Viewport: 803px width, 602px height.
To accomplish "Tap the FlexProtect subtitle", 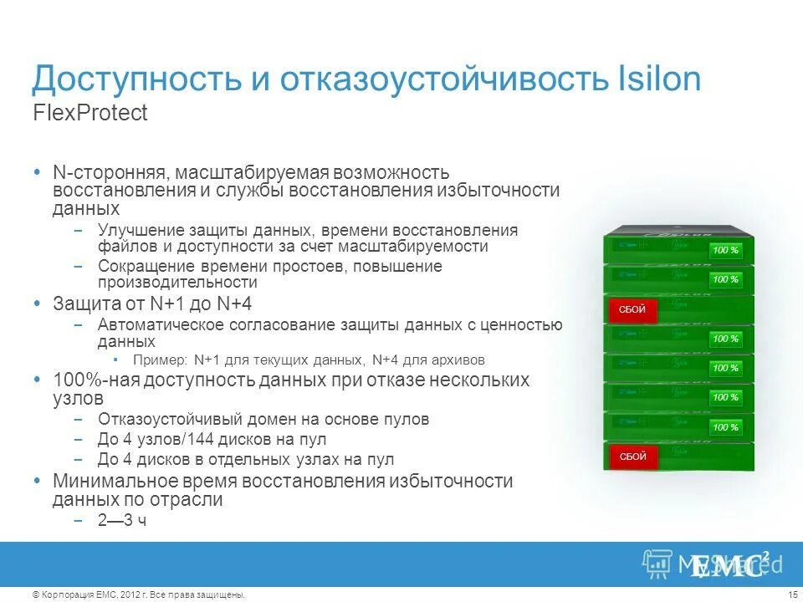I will [90, 114].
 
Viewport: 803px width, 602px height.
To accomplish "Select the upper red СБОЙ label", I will [632, 309].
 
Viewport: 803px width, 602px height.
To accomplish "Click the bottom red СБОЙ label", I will [632, 457].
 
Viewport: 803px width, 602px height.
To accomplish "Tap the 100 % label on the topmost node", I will [725, 250].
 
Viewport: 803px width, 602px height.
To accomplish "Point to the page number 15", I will [793, 594].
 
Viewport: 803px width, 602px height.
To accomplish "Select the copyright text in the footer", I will [139, 594].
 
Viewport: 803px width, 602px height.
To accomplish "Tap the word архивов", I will [458, 360].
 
